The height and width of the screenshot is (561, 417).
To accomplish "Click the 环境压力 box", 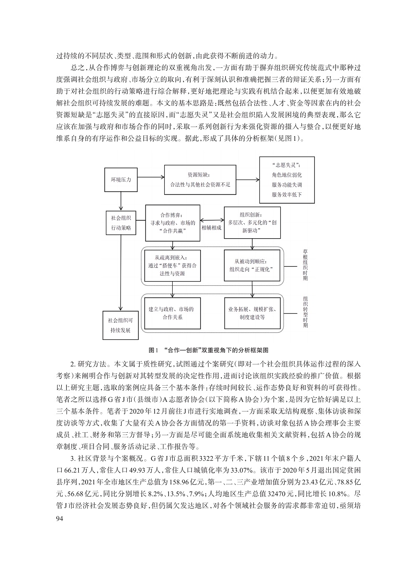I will [x=121, y=180].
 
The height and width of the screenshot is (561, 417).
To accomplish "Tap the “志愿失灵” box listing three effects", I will [x=287, y=180].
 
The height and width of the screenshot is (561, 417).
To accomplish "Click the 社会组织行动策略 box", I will [x=121, y=223].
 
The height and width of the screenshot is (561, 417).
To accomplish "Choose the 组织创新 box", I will [x=252, y=223].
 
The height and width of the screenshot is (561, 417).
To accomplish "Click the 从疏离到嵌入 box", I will [x=172, y=265].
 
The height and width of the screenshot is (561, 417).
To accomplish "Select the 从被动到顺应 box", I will [x=252, y=265].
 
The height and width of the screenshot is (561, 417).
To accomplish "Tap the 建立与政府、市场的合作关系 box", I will [x=172, y=313].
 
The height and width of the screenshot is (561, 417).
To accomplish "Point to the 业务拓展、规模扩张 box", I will [x=252, y=313].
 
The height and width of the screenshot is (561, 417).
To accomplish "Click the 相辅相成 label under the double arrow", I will [x=211, y=228].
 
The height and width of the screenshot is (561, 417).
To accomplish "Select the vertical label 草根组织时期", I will [x=306, y=265].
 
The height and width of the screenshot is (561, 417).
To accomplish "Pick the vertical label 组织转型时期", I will [x=306, y=312].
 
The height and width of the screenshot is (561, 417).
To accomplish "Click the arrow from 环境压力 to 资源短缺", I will [x=150, y=180].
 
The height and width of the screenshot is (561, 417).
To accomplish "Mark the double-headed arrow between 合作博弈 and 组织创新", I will [x=211, y=219].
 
